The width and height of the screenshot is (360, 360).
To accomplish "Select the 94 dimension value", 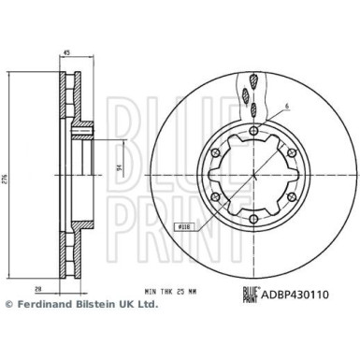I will pos(118,170).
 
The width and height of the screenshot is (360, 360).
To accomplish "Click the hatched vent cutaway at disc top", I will pos(250,89).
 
